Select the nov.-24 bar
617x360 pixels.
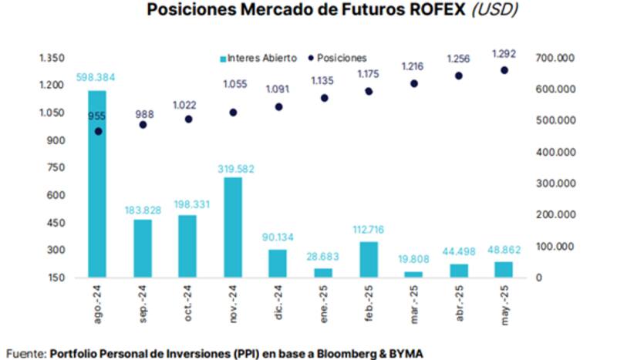click(232, 227)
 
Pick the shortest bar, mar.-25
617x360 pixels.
click(413, 274)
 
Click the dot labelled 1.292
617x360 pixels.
click(504, 70)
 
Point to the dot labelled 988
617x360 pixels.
click(142, 124)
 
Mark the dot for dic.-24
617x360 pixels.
click(278, 107)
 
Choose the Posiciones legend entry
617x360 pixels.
click(338, 59)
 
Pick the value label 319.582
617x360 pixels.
click(232, 168)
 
